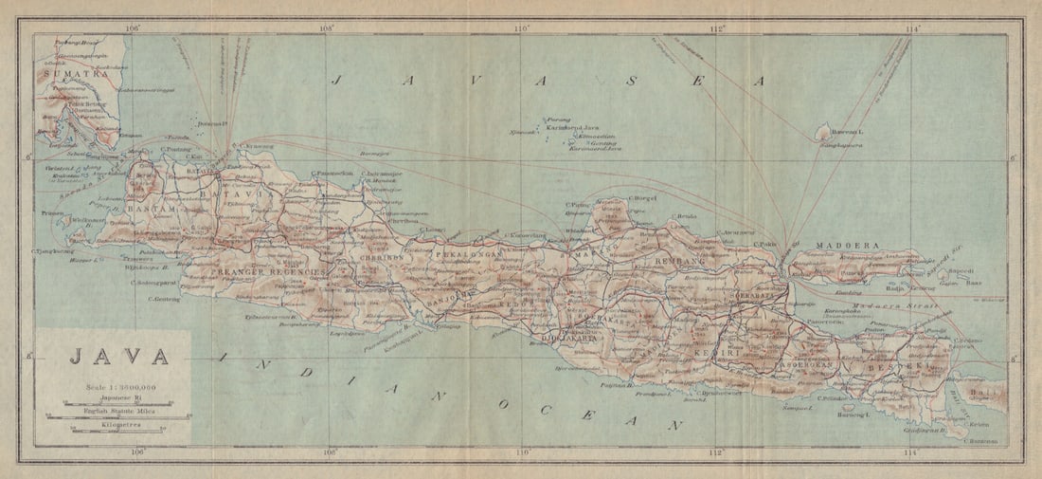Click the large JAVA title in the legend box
118,358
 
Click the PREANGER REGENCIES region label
259,272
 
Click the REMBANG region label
676,257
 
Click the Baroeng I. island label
853,415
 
